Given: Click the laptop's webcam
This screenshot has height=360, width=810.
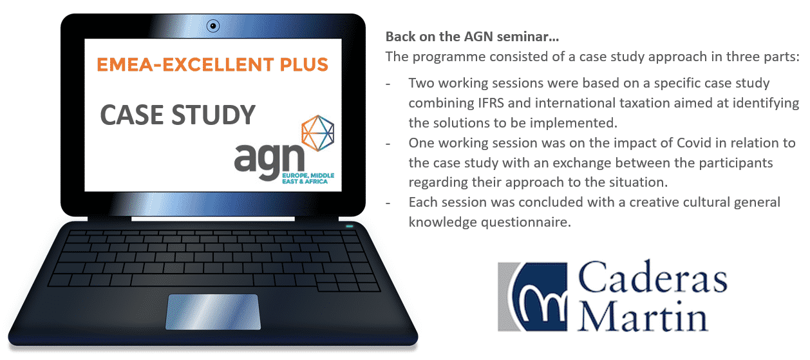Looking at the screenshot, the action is [x=213, y=26].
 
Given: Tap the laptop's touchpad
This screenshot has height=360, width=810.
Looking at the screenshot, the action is [x=213, y=312].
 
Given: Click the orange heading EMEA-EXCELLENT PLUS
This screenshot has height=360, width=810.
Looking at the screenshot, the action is [x=212, y=64].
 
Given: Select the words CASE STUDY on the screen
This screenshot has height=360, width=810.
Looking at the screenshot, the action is [x=178, y=115].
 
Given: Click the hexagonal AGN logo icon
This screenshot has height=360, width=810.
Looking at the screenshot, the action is [x=318, y=133].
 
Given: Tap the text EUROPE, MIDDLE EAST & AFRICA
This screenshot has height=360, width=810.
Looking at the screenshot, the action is [x=308, y=178].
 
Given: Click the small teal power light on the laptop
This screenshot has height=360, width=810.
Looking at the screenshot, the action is [x=350, y=226].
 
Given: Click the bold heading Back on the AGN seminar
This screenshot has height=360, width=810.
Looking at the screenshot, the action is [x=472, y=37].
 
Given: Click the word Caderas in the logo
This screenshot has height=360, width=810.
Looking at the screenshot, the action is [x=653, y=277].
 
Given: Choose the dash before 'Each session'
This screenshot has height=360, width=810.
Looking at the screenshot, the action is [x=388, y=204].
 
